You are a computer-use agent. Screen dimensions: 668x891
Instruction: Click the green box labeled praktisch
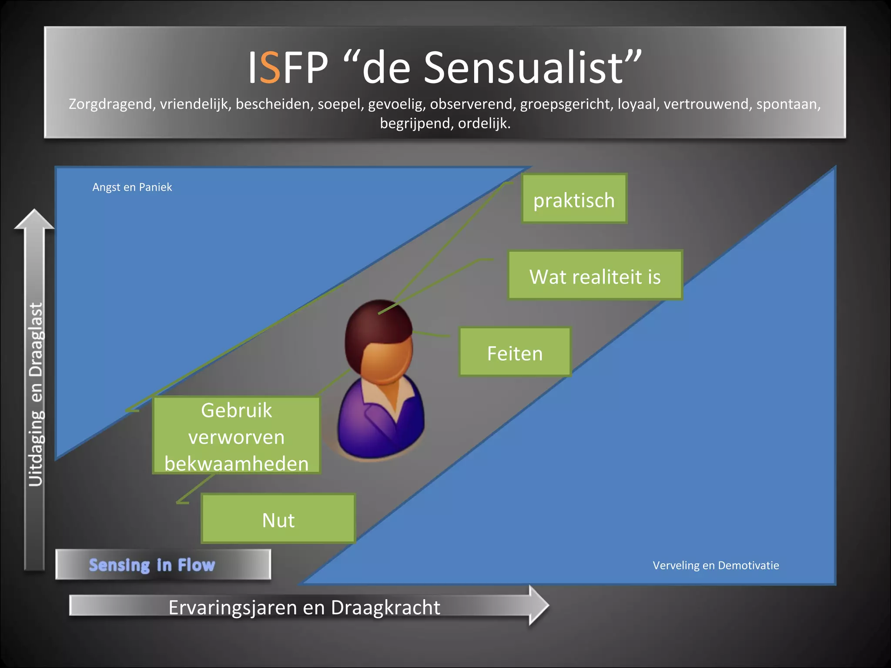click(574, 199)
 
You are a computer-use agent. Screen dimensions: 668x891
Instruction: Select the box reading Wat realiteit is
click(595, 275)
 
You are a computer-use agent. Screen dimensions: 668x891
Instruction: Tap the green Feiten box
click(515, 352)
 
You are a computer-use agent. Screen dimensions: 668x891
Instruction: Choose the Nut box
click(278, 519)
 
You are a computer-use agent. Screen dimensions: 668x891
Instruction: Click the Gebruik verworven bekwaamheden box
click(236, 435)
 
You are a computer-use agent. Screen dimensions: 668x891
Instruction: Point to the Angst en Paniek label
click(132, 187)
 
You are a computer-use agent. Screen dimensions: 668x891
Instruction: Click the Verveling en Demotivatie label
click(716, 565)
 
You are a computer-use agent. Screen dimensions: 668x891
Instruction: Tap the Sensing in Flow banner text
click(152, 565)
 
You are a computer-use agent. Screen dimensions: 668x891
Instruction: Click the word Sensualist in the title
click(524, 67)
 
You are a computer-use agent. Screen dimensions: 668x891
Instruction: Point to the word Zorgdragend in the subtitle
click(111, 104)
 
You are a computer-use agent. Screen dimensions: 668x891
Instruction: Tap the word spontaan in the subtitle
click(788, 104)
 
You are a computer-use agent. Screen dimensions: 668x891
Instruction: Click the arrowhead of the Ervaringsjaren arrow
click(539, 605)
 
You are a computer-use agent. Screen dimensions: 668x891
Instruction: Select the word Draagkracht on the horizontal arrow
click(385, 607)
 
